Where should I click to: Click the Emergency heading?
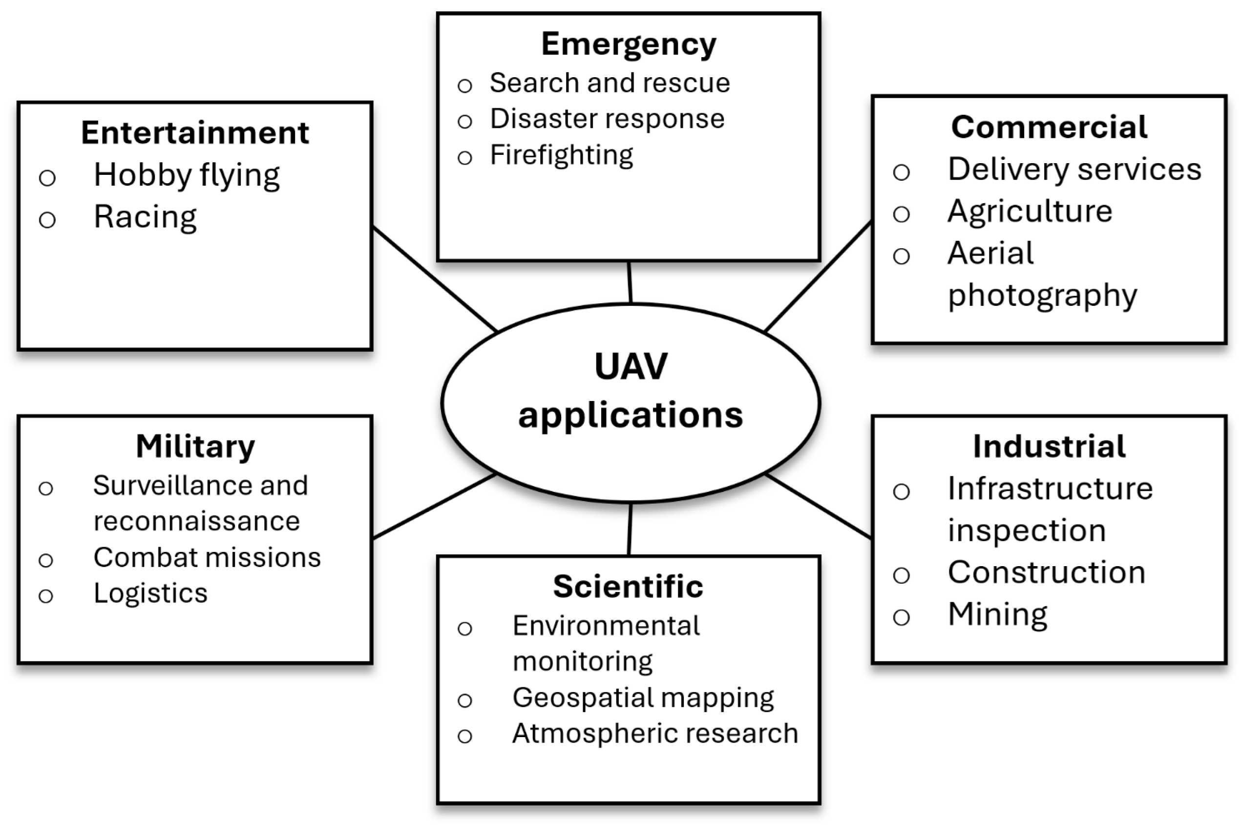[629, 44]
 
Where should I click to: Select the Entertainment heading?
[195, 132]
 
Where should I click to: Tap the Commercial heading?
[1049, 127]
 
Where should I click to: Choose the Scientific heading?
[628, 586]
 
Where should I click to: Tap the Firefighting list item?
[562, 155]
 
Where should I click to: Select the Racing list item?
[146, 217]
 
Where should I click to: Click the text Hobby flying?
[187, 175]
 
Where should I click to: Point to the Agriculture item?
[1030, 212]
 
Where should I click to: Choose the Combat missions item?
[207, 557]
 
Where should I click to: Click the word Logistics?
[150, 593]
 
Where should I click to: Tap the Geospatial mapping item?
[643, 698]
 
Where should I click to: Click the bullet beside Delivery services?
[901, 172]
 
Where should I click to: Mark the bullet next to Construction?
[901, 575]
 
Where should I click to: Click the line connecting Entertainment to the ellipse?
[435, 279]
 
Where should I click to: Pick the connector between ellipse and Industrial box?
[818, 506]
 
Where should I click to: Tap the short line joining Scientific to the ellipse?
[630, 529]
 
